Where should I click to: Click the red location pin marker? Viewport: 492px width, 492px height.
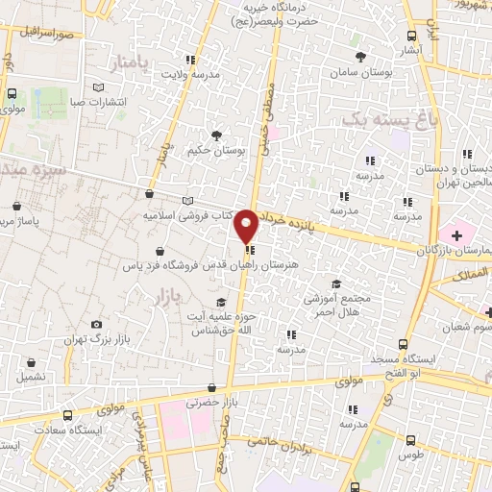pos(246,225)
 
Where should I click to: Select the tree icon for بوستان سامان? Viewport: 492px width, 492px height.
pos(361,55)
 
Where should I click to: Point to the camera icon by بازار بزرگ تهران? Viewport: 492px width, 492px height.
pos(96,326)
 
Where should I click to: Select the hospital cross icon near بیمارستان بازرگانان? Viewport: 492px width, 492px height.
pos(455,234)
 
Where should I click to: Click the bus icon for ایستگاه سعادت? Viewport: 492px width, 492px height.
pos(66,414)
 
